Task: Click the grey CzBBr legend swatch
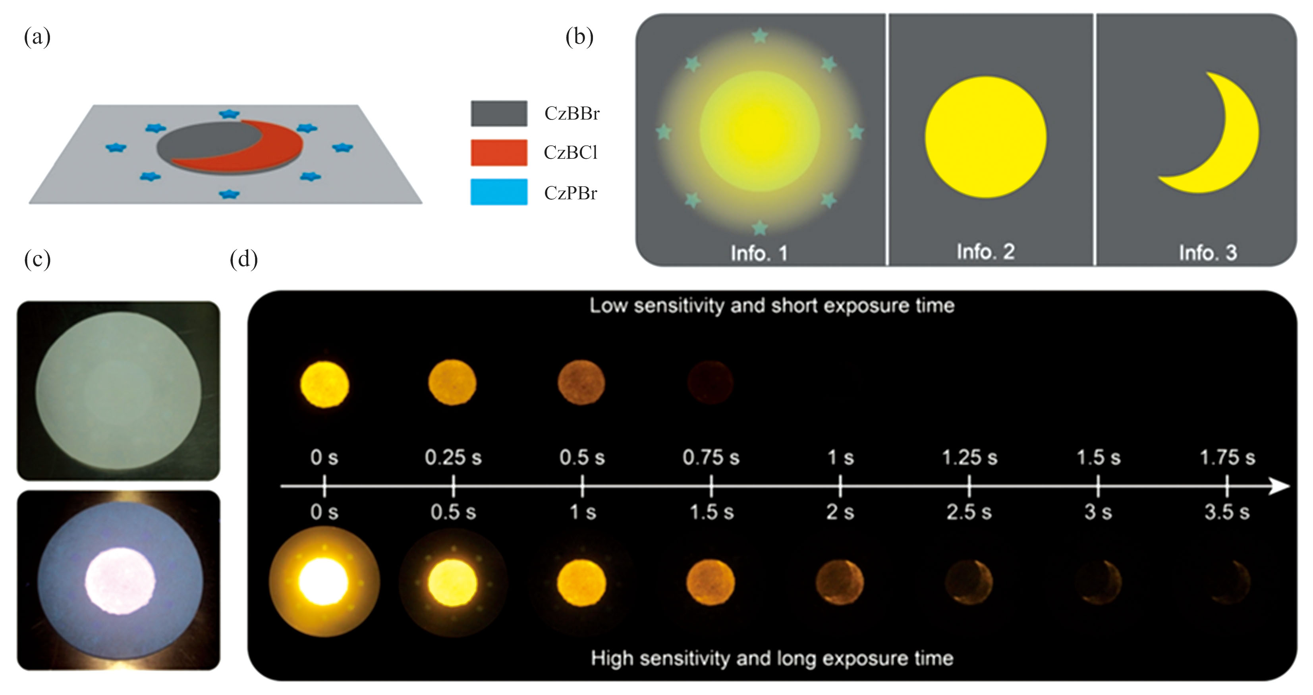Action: coord(498,113)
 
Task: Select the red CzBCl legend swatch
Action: coord(498,153)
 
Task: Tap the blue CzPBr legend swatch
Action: coord(498,191)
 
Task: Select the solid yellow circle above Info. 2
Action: coord(986,137)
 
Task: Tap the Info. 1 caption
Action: coord(759,253)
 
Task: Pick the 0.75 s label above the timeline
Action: coord(711,457)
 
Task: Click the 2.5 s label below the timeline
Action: coord(969,512)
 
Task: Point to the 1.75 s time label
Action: coord(1227,457)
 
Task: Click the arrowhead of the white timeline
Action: coord(1279,486)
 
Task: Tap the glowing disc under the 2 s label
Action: coord(840,582)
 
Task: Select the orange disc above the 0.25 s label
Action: coord(452,383)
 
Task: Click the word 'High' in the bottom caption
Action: coord(612,658)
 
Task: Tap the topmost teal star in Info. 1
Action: coord(759,35)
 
